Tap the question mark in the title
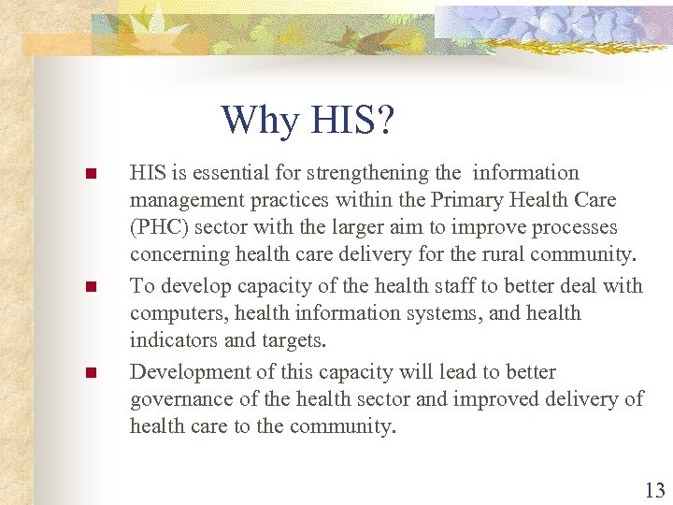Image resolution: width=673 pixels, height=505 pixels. (385, 120)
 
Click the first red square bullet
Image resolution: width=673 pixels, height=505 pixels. (91, 174)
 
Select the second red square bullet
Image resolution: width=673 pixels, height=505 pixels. (91, 287)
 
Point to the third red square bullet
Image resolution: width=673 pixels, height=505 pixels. (91, 373)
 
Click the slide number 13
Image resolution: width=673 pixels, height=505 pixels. (654, 490)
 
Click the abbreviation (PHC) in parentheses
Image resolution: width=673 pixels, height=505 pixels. (159, 227)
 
